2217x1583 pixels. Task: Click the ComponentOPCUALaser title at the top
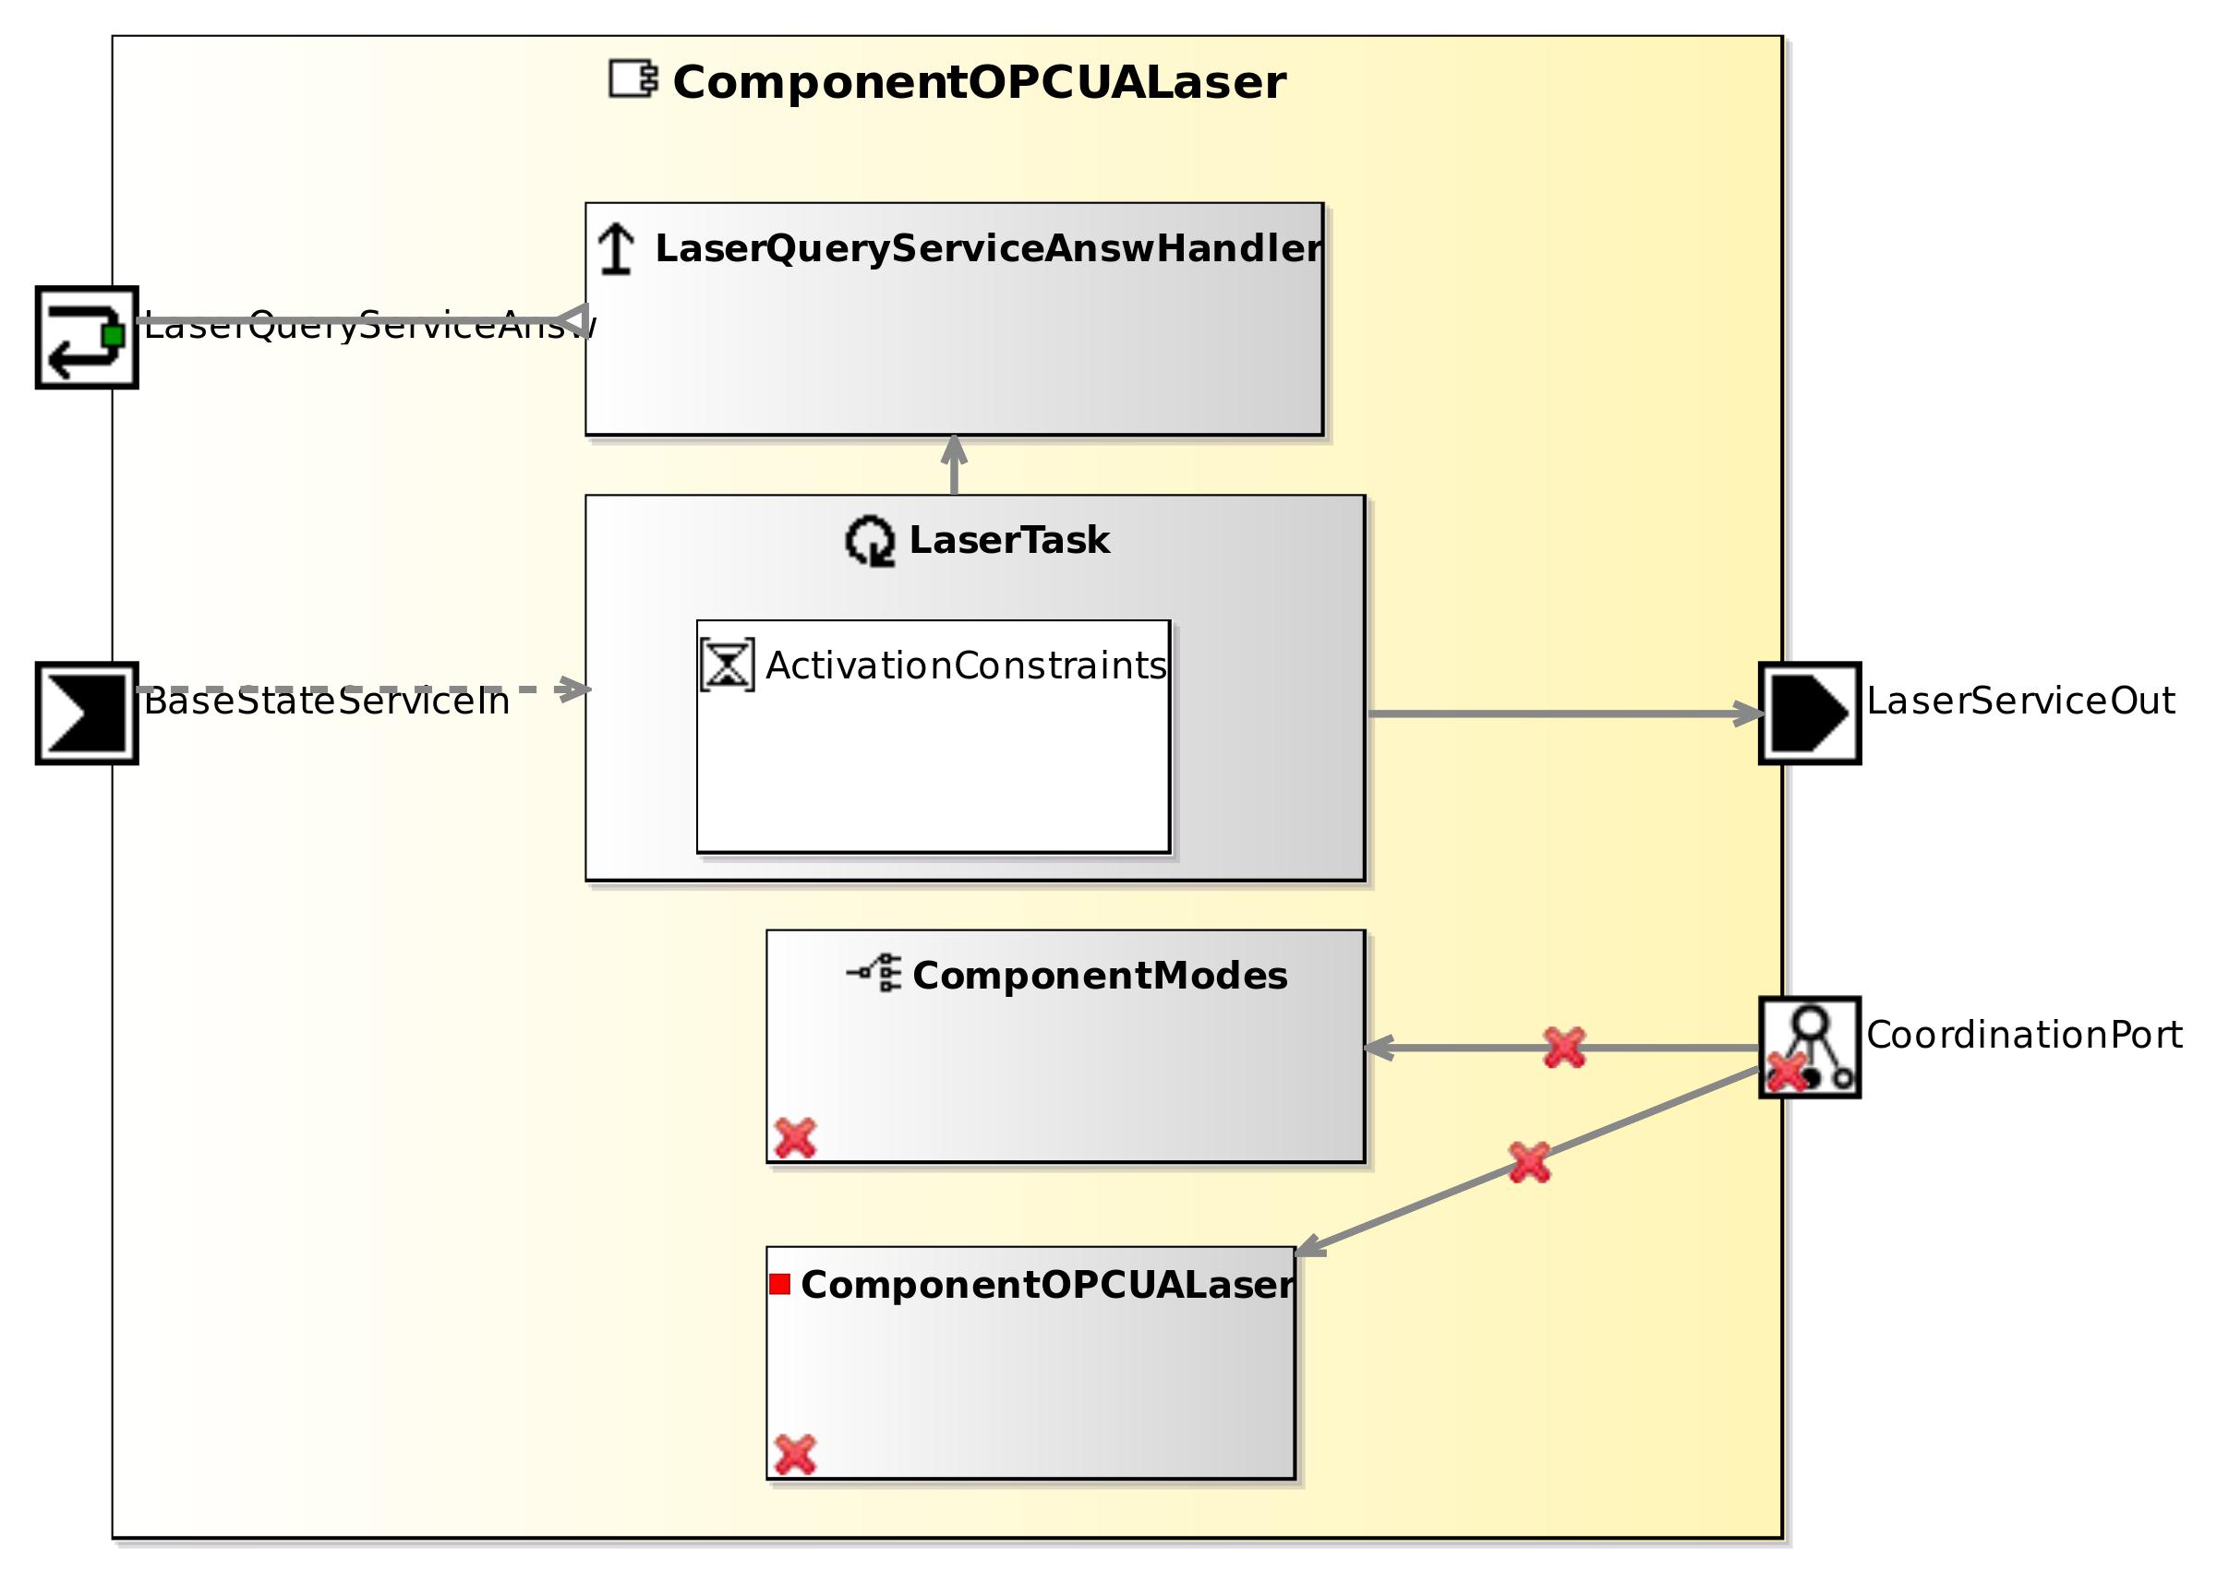pyautogui.click(x=978, y=82)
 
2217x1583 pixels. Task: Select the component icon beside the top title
pyautogui.click(x=633, y=79)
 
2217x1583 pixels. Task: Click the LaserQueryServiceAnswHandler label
pyautogui.click(x=988, y=248)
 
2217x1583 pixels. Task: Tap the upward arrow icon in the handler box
pyautogui.click(x=615, y=248)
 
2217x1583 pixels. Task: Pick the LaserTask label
pyautogui.click(x=1008, y=540)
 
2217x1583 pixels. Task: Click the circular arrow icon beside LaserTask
pyautogui.click(x=869, y=541)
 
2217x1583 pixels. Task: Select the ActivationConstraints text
pyautogui.click(x=965, y=666)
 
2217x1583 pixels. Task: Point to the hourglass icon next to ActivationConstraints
pyautogui.click(x=727, y=665)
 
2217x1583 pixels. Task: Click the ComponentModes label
pyautogui.click(x=1099, y=976)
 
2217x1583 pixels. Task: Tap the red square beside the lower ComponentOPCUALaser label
pyautogui.click(x=779, y=1285)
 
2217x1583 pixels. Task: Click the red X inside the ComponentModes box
pyautogui.click(x=795, y=1137)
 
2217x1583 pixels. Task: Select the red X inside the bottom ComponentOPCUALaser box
pyautogui.click(x=795, y=1455)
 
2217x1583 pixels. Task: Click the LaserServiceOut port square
pyautogui.click(x=1809, y=714)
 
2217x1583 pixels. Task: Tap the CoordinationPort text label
pyautogui.click(x=2023, y=1036)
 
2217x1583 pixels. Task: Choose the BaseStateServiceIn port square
pyautogui.click(x=87, y=714)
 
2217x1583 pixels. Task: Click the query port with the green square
pyautogui.click(x=87, y=337)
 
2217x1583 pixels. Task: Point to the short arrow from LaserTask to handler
pyautogui.click(x=954, y=466)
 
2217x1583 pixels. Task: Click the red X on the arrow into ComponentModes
pyautogui.click(x=1564, y=1048)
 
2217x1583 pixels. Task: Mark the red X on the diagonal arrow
pyautogui.click(x=1529, y=1163)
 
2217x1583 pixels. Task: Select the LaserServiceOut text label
pyautogui.click(x=2019, y=701)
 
